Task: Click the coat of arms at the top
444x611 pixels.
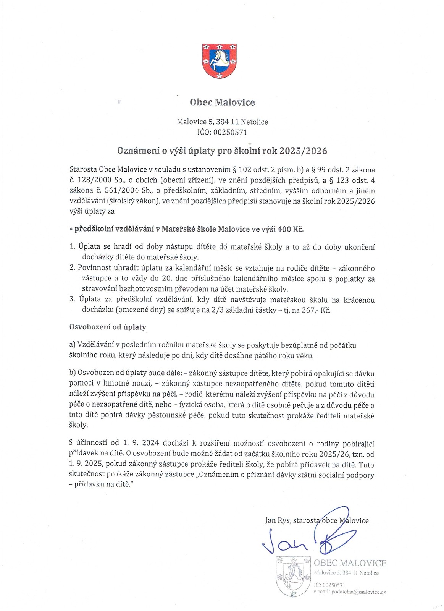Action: point(219,61)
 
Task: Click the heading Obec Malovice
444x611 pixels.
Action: point(222,102)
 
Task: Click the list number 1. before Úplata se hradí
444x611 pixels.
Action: point(73,247)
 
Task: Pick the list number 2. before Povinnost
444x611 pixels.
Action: point(73,268)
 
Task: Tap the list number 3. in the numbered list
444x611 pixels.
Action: point(73,299)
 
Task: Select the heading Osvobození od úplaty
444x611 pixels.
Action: point(108,327)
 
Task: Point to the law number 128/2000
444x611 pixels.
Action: point(95,180)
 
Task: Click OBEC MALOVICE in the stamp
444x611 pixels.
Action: point(350,563)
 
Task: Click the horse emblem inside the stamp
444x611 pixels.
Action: point(293,575)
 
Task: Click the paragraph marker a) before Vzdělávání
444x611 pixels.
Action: point(73,345)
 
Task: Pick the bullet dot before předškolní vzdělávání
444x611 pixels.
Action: point(71,230)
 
